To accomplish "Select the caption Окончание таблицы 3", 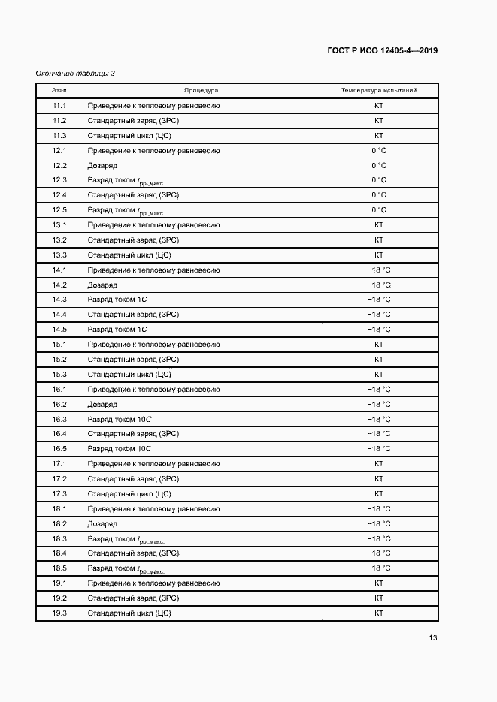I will point(75,73).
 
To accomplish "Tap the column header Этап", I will point(59,90).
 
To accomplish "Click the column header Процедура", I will point(201,90).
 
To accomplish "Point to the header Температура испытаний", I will point(378,90).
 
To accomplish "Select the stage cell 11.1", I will point(59,106).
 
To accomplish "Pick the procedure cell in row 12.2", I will point(102,165).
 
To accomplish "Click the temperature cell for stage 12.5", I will point(378,210).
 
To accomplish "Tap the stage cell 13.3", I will point(59,255).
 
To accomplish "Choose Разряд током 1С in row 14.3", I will point(117,300).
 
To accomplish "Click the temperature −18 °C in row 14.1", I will point(378,270).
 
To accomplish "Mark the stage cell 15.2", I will point(59,359).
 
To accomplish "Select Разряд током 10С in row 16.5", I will point(120,449).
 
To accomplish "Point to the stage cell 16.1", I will point(59,389).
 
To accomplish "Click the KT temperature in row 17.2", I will point(378,478).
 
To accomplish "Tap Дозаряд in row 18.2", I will point(102,523).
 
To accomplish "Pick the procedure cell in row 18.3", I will point(126,539).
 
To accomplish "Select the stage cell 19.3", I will point(59,613).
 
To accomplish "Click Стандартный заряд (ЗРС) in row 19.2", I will point(132,598).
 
